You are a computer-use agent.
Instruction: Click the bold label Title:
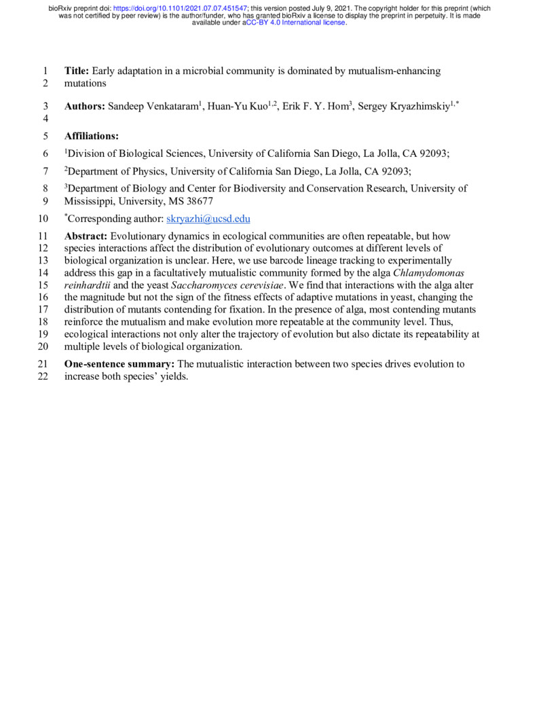click(x=77, y=71)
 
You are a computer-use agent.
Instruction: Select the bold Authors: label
click(x=85, y=107)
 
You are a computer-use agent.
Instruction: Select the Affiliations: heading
click(x=92, y=136)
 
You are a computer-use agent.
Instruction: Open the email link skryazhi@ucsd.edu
click(x=208, y=219)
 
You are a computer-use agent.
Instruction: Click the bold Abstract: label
click(x=86, y=236)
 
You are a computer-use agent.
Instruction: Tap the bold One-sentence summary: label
click(x=119, y=364)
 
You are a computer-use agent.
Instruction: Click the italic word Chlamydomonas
click(x=431, y=273)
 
